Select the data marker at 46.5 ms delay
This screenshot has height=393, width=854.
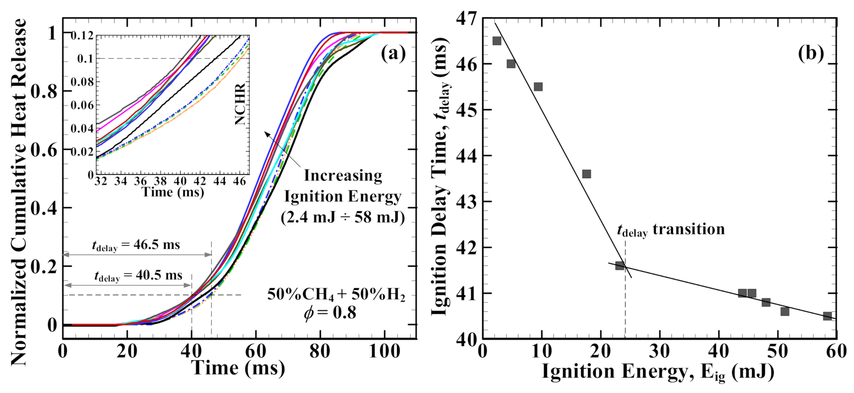[497, 41]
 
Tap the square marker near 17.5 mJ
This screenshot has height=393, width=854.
[587, 174]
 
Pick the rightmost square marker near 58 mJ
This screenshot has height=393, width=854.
[827, 316]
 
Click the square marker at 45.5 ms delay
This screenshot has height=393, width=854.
[538, 87]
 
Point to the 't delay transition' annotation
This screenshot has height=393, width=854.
[671, 230]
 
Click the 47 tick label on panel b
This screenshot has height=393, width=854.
[465, 18]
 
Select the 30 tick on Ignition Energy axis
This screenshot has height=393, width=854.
[660, 351]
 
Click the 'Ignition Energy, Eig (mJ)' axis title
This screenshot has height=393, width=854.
[658, 372]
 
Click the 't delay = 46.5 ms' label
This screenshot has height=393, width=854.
[136, 245]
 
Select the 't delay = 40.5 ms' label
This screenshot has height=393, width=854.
[138, 276]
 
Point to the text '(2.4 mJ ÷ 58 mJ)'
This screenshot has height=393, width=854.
[342, 217]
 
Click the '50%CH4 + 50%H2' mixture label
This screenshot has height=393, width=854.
[336, 295]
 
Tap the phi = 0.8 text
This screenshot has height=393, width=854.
[330, 313]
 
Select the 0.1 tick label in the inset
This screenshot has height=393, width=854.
[85, 59]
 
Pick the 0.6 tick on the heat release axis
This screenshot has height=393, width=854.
[44, 150]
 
